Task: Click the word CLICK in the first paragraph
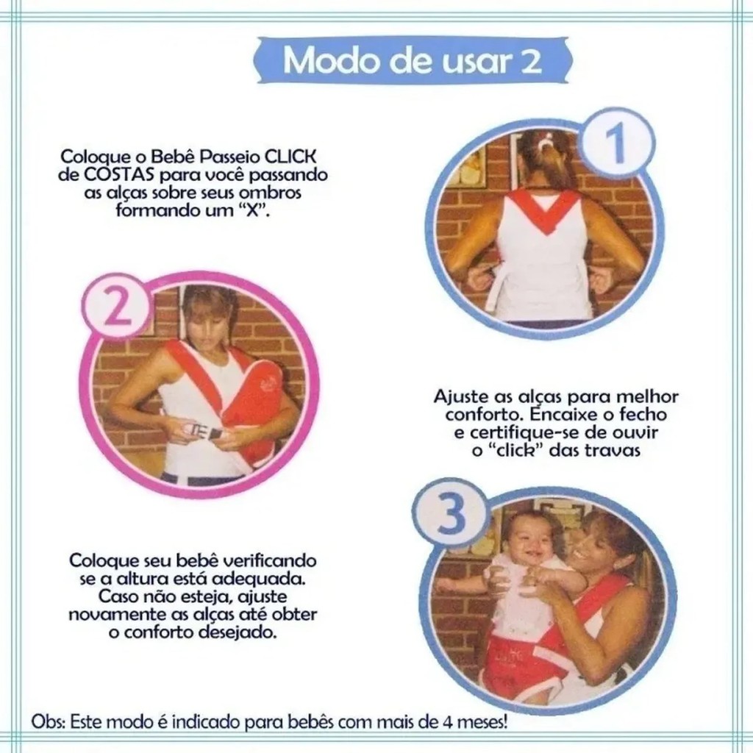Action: point(291,157)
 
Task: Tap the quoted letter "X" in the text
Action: point(254,211)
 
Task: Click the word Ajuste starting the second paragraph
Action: point(462,397)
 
